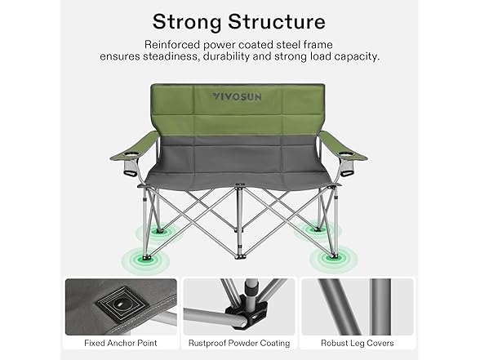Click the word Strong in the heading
point(187,22)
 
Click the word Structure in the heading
point(277,21)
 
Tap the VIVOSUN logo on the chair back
point(238,96)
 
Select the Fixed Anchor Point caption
point(121,343)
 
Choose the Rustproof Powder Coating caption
point(239,343)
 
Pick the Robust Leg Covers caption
point(358,343)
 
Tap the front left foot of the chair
point(144,258)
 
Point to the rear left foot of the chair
point(159,231)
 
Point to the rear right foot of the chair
point(317,229)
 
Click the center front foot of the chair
point(240,257)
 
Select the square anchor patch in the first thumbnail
point(122,305)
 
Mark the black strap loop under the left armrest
point(130,174)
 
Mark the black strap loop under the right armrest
point(348,174)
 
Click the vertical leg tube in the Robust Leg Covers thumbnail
point(380,307)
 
